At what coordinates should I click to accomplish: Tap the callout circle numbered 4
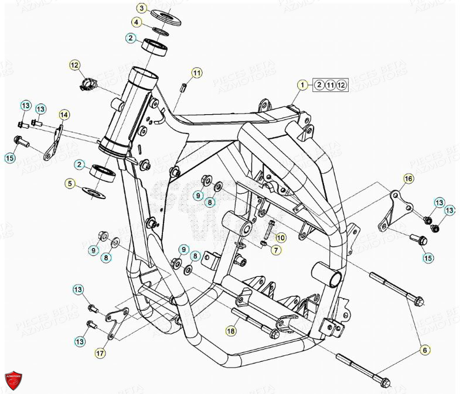pyautogui.click(x=137, y=23)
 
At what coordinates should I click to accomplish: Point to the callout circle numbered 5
pyautogui.click(x=70, y=184)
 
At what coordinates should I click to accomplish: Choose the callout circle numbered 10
pyautogui.click(x=281, y=238)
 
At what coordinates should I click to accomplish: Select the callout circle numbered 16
pyautogui.click(x=408, y=178)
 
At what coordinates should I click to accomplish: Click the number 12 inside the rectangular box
pyautogui.click(x=342, y=85)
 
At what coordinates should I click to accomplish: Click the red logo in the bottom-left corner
pyautogui.click(x=12, y=381)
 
